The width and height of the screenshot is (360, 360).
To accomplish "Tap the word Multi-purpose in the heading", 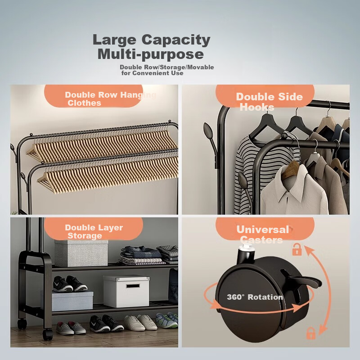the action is (x=151, y=54).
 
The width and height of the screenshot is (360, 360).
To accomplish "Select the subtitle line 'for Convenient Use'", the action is (x=153, y=73).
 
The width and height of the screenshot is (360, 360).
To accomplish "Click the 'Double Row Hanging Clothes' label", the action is (x=111, y=99).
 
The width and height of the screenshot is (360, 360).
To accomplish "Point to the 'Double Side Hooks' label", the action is (x=269, y=102).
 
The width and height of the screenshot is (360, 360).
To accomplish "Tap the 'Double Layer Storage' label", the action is (x=94, y=231).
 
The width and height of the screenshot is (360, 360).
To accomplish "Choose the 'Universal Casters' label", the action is (x=263, y=234).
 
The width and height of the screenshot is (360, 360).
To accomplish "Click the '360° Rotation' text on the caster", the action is (x=255, y=297).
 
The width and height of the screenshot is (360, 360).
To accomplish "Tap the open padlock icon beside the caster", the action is (x=297, y=249).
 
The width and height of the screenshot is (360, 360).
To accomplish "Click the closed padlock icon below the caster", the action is (x=311, y=333).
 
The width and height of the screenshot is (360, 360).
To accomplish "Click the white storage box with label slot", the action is (x=126, y=291).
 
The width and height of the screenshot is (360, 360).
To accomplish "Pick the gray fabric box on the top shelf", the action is (x=81, y=253).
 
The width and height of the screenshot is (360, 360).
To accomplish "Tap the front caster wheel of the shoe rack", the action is (x=48, y=334).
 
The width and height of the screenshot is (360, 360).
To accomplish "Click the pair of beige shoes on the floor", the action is (x=141, y=322).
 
